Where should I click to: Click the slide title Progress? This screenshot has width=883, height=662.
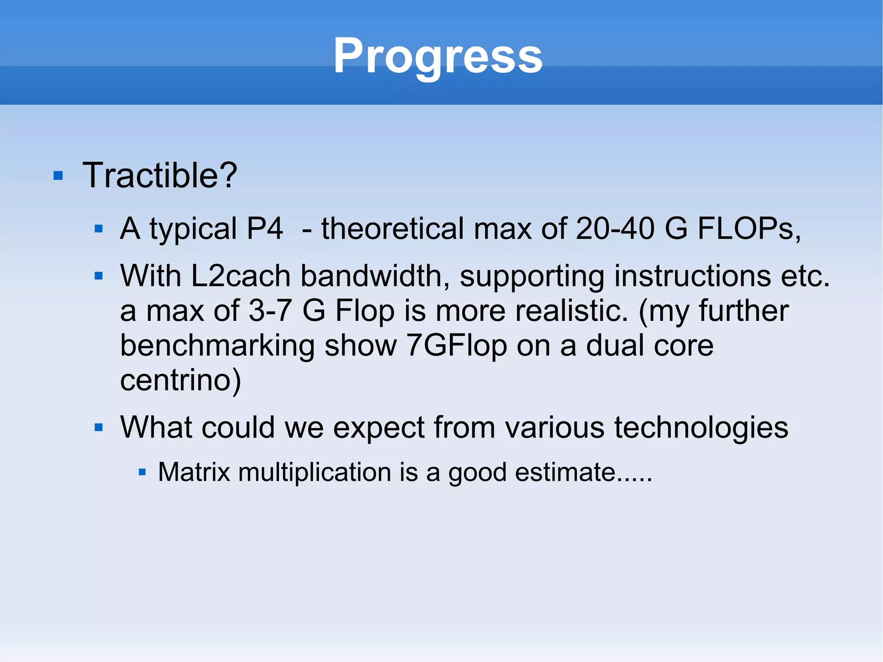coord(438,56)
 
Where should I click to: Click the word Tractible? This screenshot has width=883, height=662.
coord(160,176)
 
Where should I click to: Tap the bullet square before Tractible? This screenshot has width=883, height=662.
coord(58,176)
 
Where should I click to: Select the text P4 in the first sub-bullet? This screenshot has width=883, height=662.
coord(265,229)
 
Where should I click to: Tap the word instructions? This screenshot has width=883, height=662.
coord(692,276)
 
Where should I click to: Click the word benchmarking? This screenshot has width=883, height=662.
coord(217,346)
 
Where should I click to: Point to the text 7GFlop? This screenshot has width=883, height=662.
coord(457,346)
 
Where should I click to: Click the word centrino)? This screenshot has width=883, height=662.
coord(180,380)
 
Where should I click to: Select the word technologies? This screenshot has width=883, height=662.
coord(701,428)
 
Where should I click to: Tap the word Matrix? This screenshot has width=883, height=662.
coord(194,472)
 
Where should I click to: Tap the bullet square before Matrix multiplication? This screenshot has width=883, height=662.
coord(142,473)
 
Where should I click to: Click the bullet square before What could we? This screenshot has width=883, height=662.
coord(99,428)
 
